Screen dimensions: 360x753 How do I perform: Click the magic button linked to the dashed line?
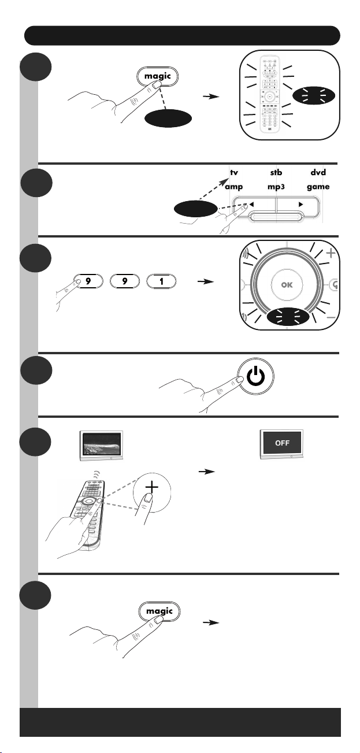[157, 76]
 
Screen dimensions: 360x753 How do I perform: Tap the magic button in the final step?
[159, 611]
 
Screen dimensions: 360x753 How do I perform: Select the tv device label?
[234, 172]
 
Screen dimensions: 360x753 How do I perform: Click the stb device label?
[276, 172]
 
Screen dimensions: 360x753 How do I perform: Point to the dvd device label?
[318, 172]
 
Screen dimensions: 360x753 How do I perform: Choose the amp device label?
[234, 187]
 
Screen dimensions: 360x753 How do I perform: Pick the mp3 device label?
[276, 187]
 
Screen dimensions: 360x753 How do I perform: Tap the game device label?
[318, 187]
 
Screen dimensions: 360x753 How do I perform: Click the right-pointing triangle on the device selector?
[300, 204]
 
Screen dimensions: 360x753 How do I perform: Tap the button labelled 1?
[161, 281]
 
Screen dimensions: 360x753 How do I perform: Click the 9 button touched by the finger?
[88, 281]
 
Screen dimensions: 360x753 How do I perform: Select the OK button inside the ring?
[287, 285]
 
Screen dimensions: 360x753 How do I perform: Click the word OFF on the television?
[282, 443]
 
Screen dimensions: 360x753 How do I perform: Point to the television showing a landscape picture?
[101, 446]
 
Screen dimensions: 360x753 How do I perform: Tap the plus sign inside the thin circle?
[152, 487]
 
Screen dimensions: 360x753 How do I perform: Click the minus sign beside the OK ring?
[331, 317]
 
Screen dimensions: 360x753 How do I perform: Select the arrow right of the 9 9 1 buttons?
[205, 281]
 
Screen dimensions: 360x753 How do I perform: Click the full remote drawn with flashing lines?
[269, 95]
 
